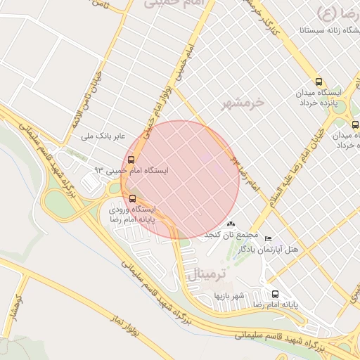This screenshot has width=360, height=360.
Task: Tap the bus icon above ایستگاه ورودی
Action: pos(131,198)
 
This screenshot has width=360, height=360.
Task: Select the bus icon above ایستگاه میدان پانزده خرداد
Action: pos(320,82)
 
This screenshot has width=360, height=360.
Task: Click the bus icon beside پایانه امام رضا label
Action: pos(274,295)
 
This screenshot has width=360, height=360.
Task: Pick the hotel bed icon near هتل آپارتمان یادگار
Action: pos(267,239)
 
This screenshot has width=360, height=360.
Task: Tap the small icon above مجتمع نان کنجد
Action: pos(231,224)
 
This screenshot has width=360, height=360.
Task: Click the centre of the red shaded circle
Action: pos(181,180)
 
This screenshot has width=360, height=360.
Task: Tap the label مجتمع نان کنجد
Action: pos(231,234)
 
